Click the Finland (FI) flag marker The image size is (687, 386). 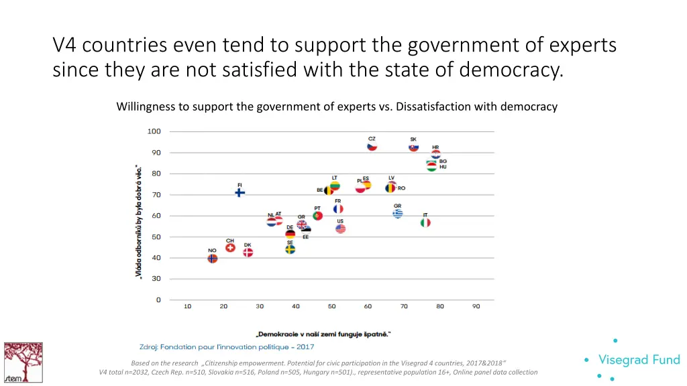[x=240, y=193]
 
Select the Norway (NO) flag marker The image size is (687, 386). [x=213, y=258]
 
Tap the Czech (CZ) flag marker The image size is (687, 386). [x=372, y=146]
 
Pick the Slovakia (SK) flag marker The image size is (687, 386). [x=414, y=147]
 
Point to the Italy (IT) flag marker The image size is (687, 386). [x=425, y=222]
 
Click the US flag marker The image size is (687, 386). [x=340, y=229]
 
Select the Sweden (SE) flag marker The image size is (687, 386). [x=290, y=249]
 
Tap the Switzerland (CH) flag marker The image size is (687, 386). [x=230, y=247]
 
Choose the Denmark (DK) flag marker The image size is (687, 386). [x=248, y=253]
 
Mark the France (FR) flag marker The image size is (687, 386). [x=338, y=208]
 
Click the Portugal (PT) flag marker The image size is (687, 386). [x=318, y=215]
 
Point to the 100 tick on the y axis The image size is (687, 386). [x=154, y=131]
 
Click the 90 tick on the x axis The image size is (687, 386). [x=476, y=307]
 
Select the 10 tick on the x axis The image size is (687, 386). [x=187, y=307]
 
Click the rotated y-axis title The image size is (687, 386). [x=138, y=221]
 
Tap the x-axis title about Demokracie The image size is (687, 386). [x=323, y=334]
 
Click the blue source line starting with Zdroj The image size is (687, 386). [x=226, y=347]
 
